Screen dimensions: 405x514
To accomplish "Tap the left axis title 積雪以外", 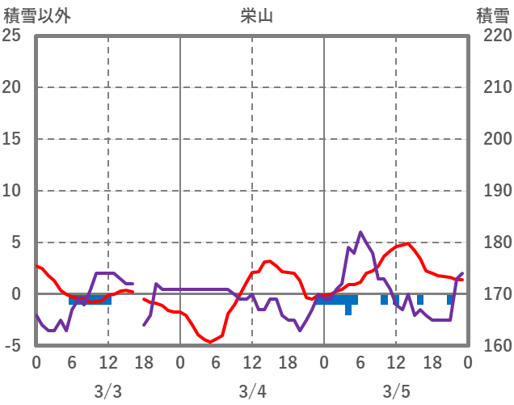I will click(x=32, y=15).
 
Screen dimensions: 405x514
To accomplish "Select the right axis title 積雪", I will click(x=492, y=15).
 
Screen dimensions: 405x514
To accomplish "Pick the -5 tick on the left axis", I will click(x=11, y=346).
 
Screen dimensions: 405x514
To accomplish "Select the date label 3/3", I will click(x=107, y=391).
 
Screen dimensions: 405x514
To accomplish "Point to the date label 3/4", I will click(x=252, y=391).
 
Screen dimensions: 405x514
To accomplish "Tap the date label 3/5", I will click(x=396, y=391).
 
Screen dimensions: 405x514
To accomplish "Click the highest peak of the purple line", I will click(x=360, y=233).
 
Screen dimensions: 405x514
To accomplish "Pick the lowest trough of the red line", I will click(x=211, y=342).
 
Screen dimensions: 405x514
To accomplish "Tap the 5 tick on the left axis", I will click(x=15, y=243).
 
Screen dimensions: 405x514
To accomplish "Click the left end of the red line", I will click(x=36, y=266).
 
